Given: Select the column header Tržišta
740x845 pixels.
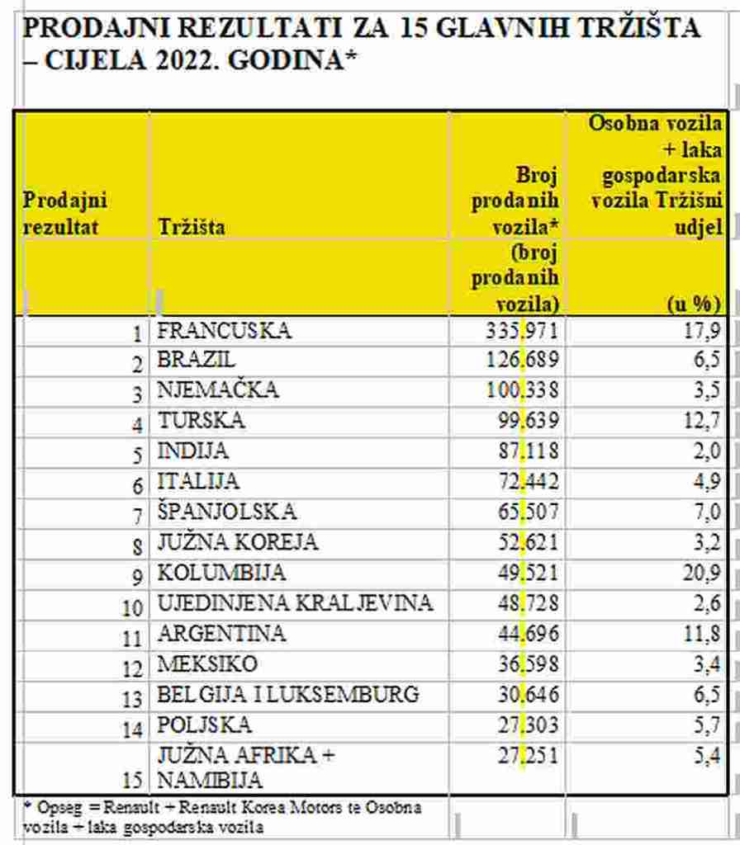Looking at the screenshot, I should tap(191, 226).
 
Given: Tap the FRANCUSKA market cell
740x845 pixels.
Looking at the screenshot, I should tap(224, 331).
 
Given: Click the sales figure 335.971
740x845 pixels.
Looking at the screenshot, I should tap(523, 332).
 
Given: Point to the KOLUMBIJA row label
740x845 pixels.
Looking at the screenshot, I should tap(221, 573).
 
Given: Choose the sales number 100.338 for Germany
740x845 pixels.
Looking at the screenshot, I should tap(523, 390).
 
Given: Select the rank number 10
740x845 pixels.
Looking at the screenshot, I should tap(133, 607).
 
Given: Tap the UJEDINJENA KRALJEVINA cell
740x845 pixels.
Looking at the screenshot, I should tap(295, 603).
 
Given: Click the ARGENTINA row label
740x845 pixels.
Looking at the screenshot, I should tap(221, 634).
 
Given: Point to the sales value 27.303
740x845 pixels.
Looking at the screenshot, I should tap(528, 725).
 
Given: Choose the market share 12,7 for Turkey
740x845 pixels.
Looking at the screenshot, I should tap(704, 421).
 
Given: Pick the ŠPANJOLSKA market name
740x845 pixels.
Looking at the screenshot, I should tap(226, 512).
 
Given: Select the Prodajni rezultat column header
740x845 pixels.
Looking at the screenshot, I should tap(65, 213).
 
